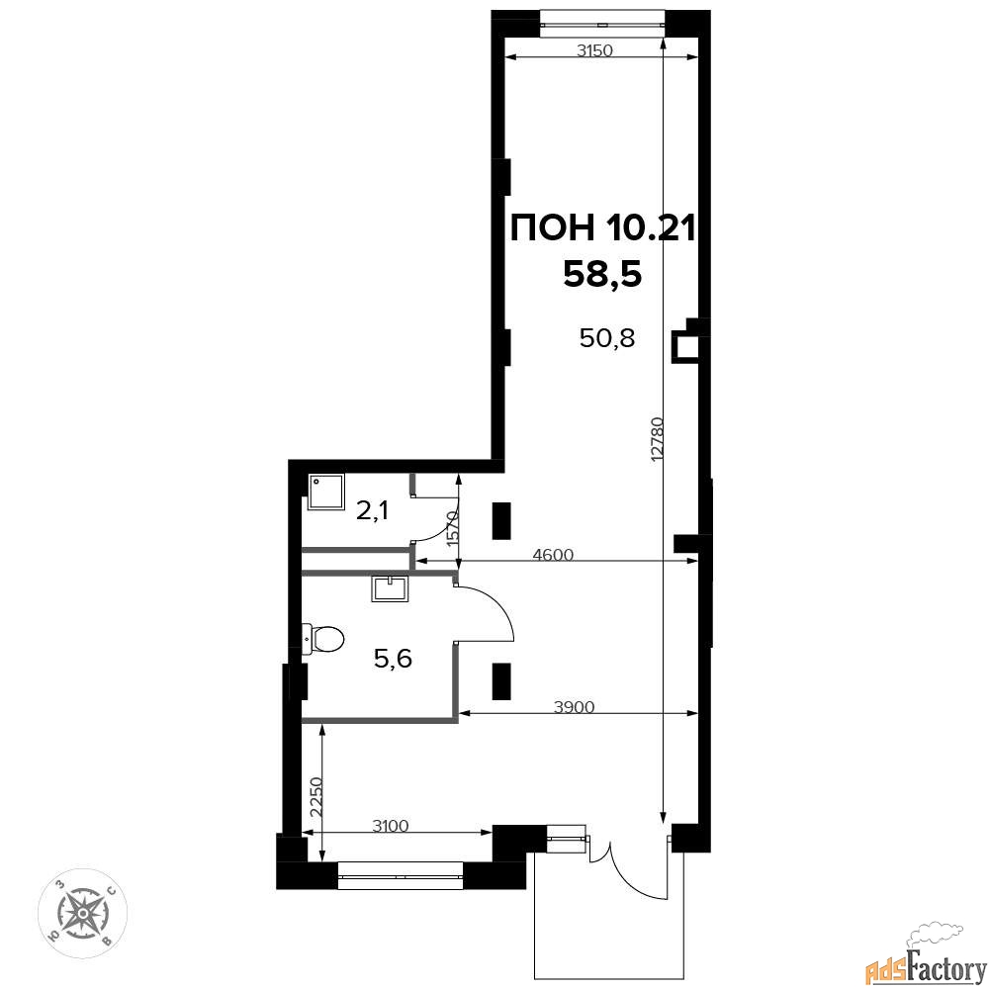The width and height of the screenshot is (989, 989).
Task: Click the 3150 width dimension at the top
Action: click(x=594, y=50)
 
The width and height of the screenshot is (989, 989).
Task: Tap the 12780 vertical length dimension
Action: click(x=657, y=439)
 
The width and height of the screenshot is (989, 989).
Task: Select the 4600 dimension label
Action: click(x=553, y=555)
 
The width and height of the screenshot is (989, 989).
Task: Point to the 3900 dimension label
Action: click(x=574, y=707)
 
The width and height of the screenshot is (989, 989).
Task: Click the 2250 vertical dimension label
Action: click(x=316, y=797)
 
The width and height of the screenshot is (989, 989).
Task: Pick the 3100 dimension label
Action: click(x=391, y=826)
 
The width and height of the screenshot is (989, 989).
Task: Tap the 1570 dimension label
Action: click(x=452, y=528)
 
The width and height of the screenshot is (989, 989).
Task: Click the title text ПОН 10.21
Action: click(x=602, y=227)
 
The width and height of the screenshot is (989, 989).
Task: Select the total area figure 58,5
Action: click(x=602, y=274)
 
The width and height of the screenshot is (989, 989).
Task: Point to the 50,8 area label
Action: click(x=607, y=338)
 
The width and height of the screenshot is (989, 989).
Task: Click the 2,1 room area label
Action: click(x=373, y=510)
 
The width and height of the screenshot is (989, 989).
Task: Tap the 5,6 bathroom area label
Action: click(x=393, y=659)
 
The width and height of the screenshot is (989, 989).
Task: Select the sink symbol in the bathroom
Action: click(x=391, y=588)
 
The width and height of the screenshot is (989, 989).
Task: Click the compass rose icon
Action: click(x=83, y=912)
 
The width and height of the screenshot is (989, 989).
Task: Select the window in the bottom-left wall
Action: click(x=401, y=875)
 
